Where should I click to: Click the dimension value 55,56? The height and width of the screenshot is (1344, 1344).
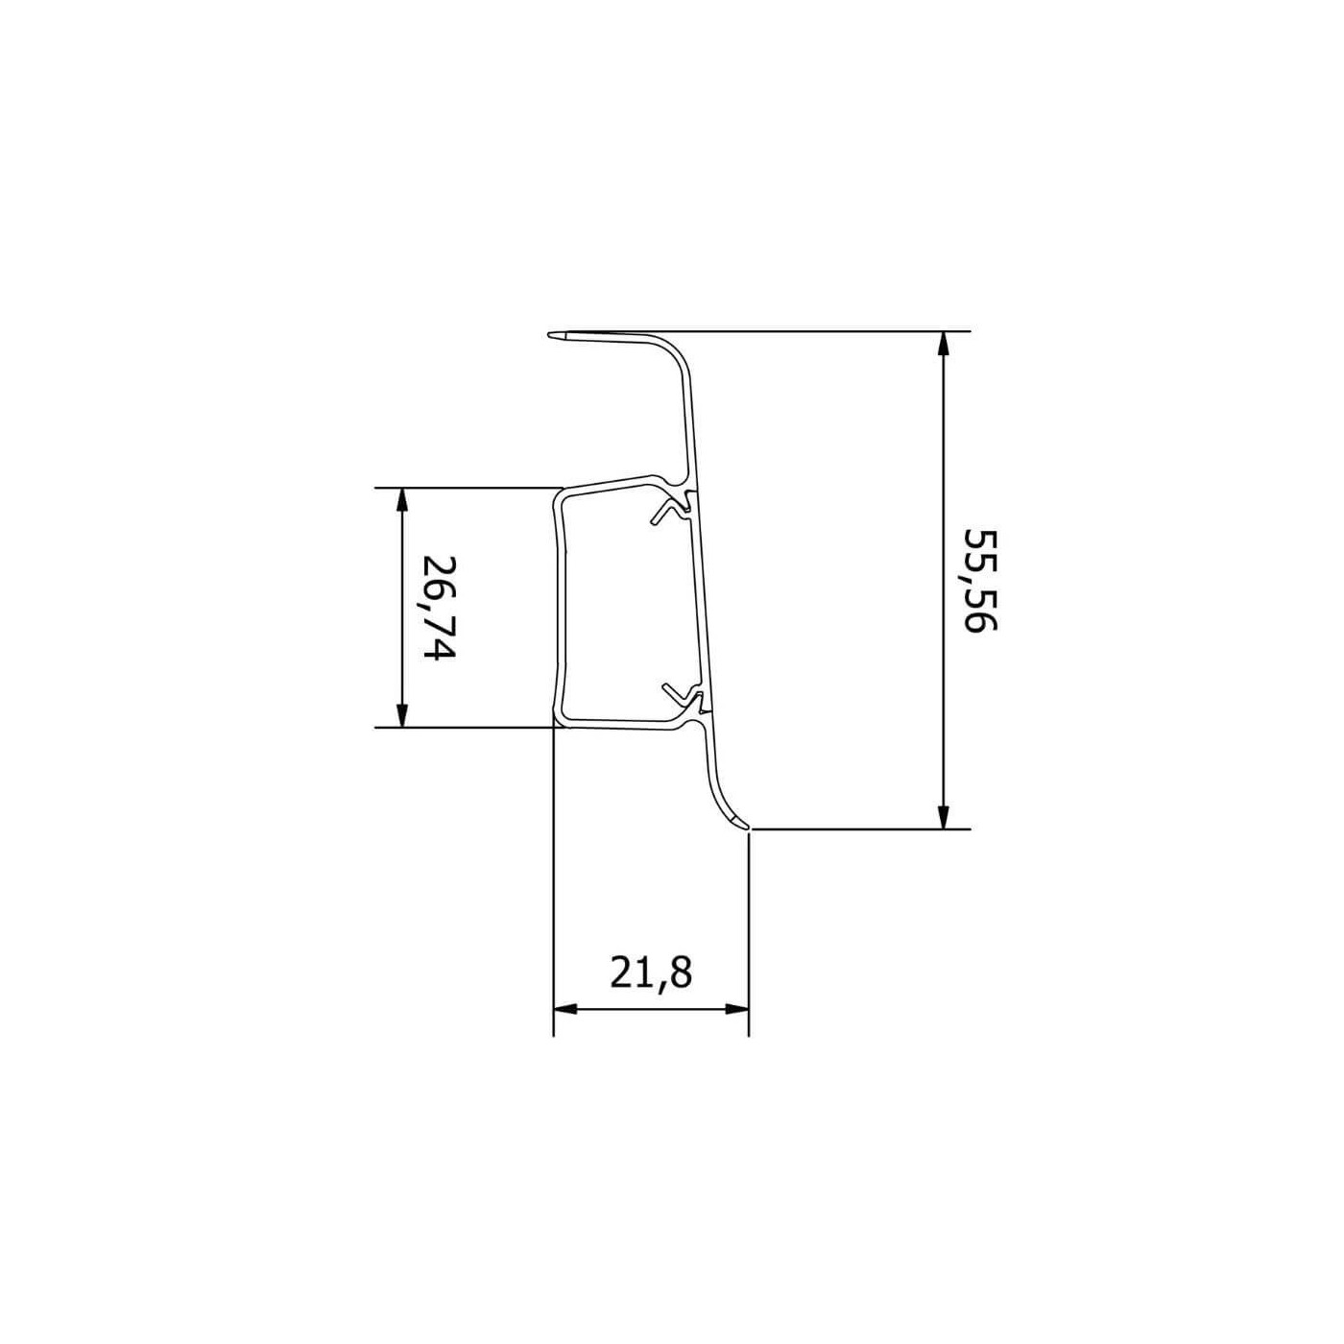pos(980,580)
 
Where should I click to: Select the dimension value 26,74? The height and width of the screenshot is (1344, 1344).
pos(440,609)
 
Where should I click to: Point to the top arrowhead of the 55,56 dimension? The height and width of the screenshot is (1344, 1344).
pos(943,347)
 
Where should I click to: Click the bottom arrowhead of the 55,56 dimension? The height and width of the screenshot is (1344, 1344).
pos(943,813)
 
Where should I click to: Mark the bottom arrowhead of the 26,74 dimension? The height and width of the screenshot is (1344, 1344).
pos(401,711)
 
